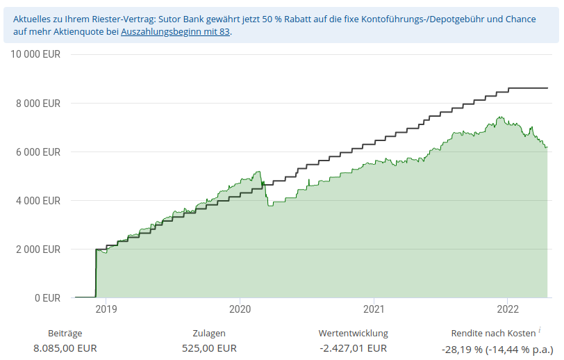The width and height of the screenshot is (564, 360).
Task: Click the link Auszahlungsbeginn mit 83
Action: (175, 32)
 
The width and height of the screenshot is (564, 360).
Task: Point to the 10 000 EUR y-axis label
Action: (35, 55)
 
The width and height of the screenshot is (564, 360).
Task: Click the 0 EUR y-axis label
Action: (47, 298)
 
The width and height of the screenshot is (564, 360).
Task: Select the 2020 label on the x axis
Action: (240, 309)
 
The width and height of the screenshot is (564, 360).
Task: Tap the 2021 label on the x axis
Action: (374, 309)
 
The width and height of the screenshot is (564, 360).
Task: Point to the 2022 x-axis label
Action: (508, 309)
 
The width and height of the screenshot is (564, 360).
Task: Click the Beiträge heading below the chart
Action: (65, 334)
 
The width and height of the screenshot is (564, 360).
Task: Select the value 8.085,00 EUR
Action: (65, 348)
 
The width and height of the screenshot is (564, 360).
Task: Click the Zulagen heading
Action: (208, 334)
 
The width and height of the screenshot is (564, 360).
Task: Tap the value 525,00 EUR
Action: (208, 348)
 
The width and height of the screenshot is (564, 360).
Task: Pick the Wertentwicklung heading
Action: (353, 334)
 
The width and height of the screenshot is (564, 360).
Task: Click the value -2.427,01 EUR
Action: (353, 348)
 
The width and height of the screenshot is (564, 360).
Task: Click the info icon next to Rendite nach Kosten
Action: (539, 331)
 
